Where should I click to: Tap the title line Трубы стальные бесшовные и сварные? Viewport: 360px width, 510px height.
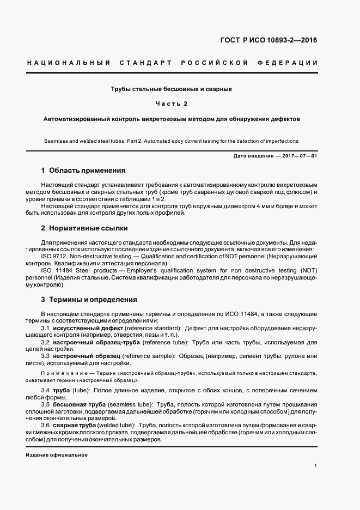[172, 88]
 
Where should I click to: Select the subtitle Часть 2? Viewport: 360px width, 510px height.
[172, 103]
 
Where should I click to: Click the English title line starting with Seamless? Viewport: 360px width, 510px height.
[172, 141]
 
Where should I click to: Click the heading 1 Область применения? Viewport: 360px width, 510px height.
[83, 170]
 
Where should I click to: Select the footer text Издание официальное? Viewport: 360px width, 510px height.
[57, 454]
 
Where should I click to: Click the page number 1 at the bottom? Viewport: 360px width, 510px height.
[316, 466]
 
